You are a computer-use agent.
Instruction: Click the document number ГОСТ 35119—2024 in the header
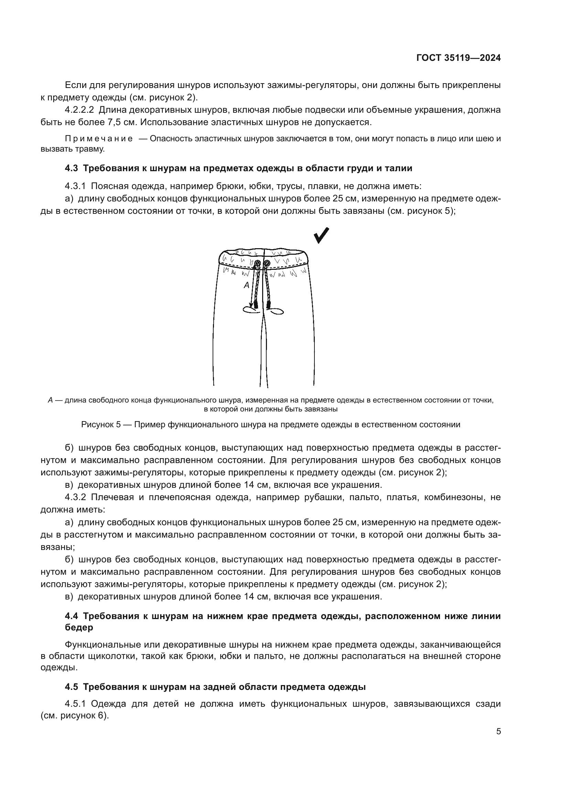click(458, 58)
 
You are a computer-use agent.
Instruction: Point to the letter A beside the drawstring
click(247, 285)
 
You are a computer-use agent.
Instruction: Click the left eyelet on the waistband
click(258, 263)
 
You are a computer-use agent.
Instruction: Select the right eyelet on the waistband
click(267, 263)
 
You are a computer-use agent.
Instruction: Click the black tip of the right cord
click(269, 304)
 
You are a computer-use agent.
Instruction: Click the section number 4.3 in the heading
click(72, 168)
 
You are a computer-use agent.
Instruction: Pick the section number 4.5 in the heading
click(72, 687)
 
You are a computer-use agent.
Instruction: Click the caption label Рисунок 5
click(101, 425)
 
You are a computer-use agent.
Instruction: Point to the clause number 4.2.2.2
click(79, 110)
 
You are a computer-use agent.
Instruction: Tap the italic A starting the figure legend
click(50, 400)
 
